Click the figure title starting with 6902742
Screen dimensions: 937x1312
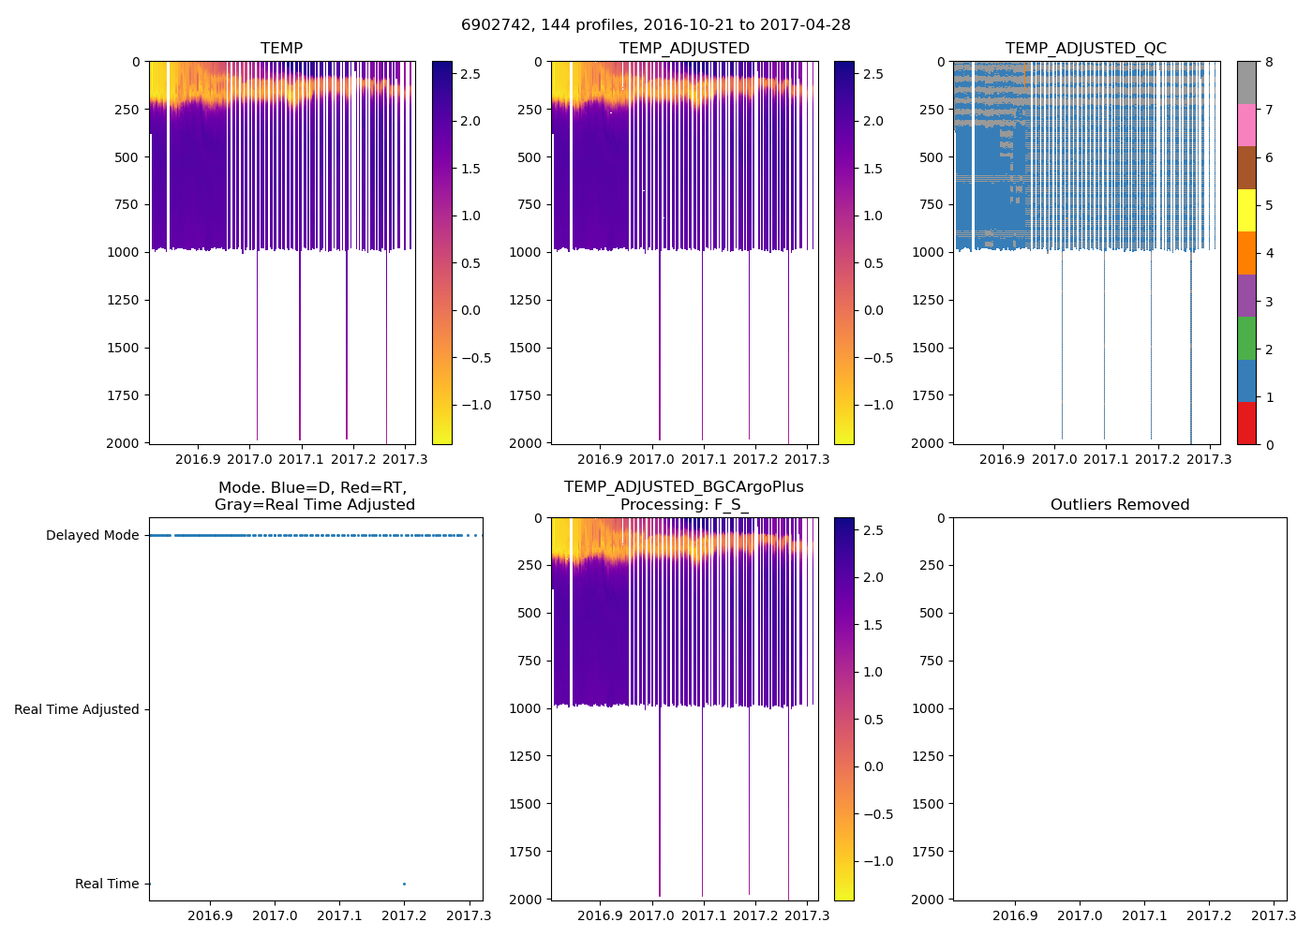click(x=655, y=25)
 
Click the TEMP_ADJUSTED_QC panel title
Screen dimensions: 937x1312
click(x=1085, y=49)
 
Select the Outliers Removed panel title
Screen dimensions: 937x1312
click(x=1119, y=505)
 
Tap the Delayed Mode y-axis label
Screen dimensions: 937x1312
click(x=92, y=536)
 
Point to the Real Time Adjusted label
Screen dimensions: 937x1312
click(x=76, y=710)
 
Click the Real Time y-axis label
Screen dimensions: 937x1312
click(x=107, y=885)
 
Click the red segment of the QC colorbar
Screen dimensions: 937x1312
click(x=1246, y=424)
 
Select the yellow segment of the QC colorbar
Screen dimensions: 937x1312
click(x=1246, y=211)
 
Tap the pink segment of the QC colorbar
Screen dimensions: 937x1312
click(x=1246, y=126)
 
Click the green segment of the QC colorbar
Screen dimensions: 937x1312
click(x=1246, y=338)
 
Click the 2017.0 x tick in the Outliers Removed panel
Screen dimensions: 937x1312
click(x=1080, y=915)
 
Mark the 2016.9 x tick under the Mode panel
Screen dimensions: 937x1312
click(x=210, y=915)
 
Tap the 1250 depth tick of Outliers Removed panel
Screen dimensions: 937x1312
click(x=927, y=756)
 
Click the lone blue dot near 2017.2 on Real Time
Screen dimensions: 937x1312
click(x=404, y=884)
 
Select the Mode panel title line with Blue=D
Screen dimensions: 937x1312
click(x=312, y=488)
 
